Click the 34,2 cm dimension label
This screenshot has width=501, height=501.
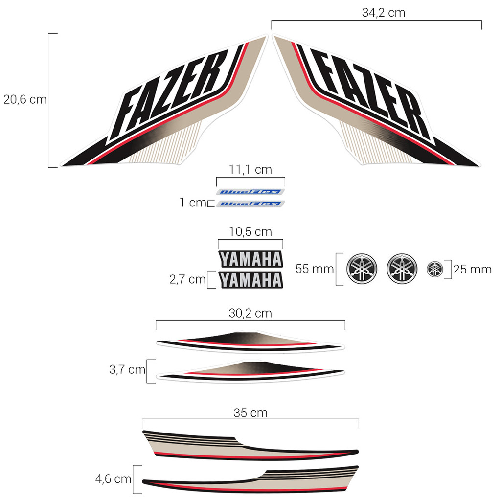(384, 13)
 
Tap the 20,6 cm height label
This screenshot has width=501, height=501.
(25, 100)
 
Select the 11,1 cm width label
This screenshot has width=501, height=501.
(250, 169)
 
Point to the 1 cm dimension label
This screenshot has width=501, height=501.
(193, 202)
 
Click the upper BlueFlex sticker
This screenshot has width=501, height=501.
(250, 192)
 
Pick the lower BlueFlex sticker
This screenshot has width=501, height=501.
(250, 204)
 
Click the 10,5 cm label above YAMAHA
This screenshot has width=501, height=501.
(250, 231)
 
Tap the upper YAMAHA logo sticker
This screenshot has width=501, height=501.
(251, 259)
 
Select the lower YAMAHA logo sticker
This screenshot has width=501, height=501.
(251, 280)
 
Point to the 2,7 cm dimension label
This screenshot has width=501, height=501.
(187, 279)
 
